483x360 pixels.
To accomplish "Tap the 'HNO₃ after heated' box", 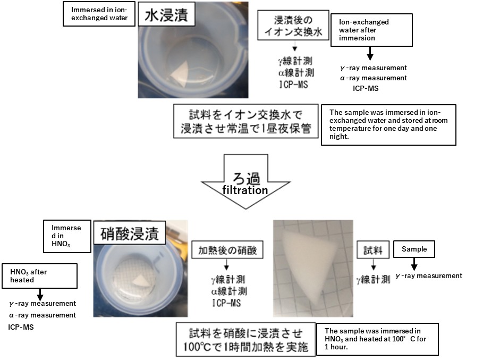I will coord(39,276).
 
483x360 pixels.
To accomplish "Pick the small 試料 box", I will coord(372,249).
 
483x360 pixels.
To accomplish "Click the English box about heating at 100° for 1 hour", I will coord(377,339).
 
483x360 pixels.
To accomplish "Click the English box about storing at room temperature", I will coord(388,124).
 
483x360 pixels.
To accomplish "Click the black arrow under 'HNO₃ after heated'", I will coord(39,294).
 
